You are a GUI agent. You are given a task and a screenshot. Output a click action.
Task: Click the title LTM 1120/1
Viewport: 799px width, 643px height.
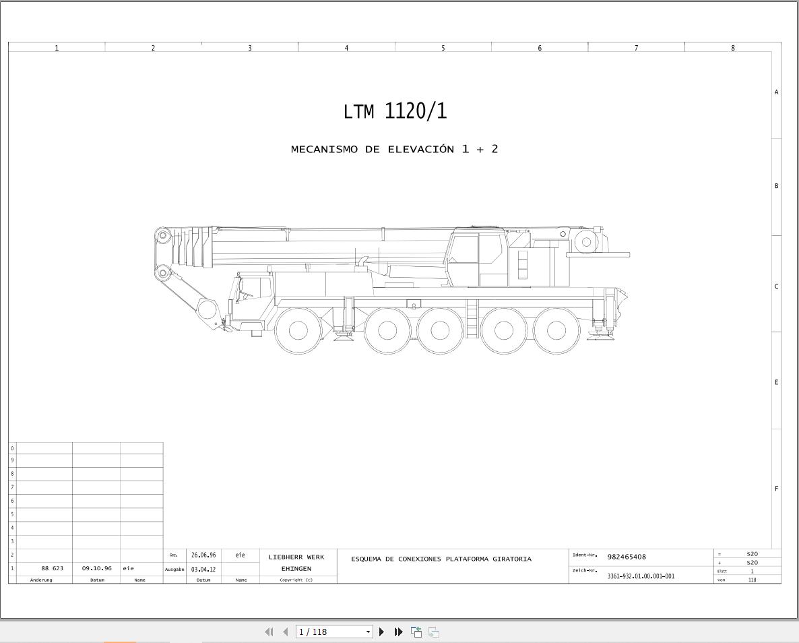point(395,111)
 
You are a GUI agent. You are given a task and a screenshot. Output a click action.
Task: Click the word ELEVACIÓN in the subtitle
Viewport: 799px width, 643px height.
point(421,150)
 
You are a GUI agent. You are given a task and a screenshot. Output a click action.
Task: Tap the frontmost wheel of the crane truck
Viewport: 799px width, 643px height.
point(298,330)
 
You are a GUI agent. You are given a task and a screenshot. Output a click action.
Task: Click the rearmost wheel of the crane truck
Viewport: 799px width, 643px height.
point(555,330)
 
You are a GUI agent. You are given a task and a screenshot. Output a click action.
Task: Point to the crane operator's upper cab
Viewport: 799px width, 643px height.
point(476,257)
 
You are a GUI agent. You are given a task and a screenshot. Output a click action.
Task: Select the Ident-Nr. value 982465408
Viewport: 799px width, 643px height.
point(627,557)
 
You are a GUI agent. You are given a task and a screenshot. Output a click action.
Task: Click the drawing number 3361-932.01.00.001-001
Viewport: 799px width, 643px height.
point(641,576)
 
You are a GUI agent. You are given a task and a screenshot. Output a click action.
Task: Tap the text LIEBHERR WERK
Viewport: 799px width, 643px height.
point(296,557)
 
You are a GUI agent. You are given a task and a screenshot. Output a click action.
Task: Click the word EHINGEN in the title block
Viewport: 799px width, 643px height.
point(296,569)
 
